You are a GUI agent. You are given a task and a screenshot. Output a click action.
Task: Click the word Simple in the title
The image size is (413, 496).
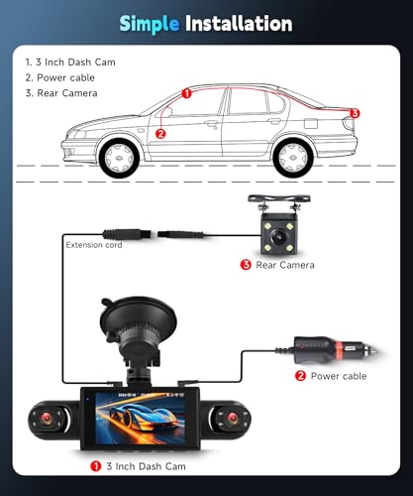tap(150, 24)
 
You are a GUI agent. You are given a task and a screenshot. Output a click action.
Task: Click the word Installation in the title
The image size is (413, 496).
tap(239, 23)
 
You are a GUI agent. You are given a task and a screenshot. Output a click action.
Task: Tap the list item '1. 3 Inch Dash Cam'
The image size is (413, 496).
tap(70, 62)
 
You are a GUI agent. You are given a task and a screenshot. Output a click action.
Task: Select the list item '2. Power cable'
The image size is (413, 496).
tap(60, 77)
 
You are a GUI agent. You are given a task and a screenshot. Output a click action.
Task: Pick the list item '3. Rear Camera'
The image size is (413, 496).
tap(61, 93)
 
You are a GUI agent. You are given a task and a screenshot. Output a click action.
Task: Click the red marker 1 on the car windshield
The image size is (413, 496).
tap(186, 93)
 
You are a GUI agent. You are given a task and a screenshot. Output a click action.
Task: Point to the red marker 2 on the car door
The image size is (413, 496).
tap(160, 134)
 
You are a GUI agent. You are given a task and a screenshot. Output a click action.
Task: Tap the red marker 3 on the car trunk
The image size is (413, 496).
tap(355, 113)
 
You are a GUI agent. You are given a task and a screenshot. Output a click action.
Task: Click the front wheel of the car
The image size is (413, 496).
tap(119, 158)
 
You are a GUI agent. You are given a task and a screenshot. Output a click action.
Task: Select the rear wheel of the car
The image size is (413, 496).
tap(293, 158)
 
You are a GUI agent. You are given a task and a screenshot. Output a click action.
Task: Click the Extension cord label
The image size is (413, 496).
tap(94, 245)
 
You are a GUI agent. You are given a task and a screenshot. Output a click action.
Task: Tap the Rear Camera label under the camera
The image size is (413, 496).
tap(285, 265)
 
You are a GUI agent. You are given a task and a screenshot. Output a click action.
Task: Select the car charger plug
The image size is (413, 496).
tap(335, 350)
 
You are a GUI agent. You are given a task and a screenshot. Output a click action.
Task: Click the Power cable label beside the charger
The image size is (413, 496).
tap(339, 376)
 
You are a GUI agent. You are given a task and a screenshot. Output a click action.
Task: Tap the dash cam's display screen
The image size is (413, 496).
tap(140, 419)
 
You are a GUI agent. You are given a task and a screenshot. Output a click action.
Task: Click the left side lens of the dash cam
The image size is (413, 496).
tap(47, 419)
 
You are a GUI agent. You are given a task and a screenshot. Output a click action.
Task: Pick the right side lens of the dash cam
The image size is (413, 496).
tap(232, 418)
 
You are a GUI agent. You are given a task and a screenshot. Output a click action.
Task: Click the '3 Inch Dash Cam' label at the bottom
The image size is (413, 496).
tap(146, 466)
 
